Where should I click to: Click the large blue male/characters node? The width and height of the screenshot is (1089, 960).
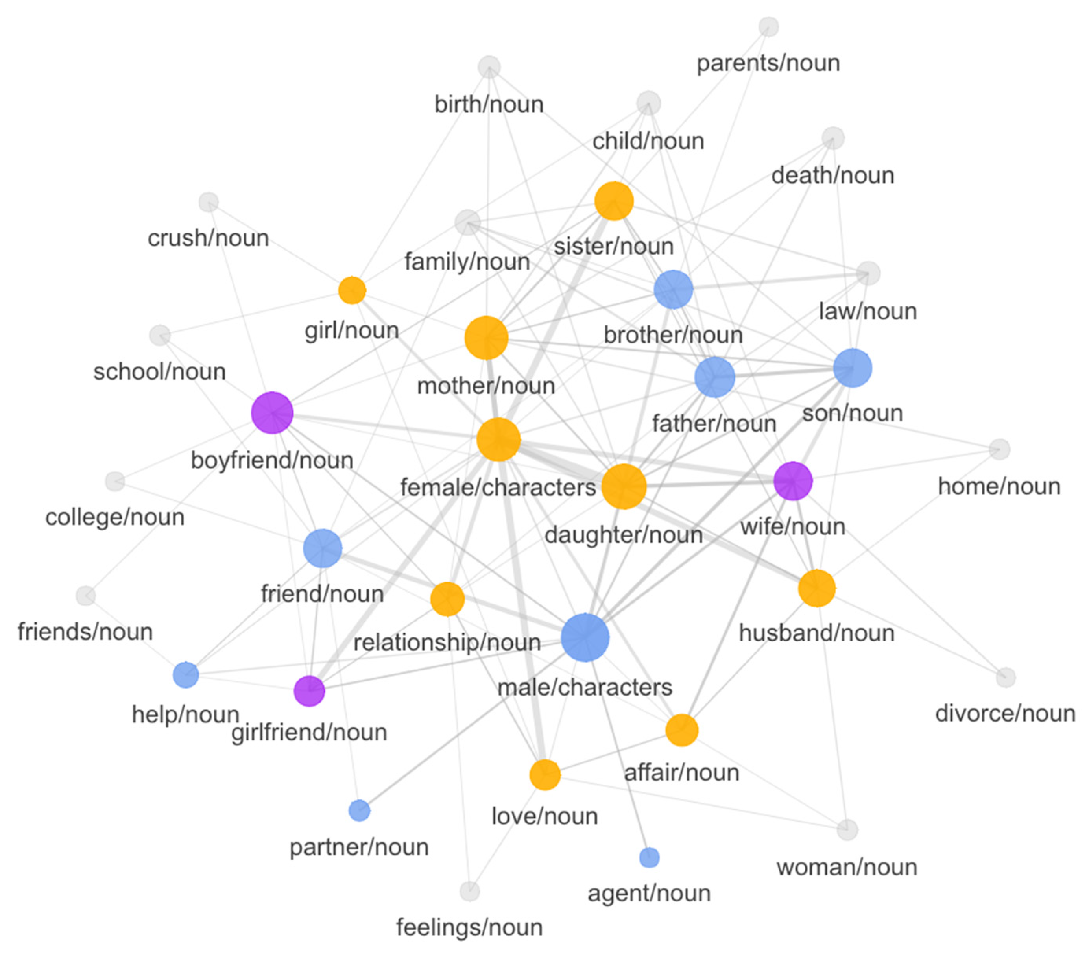coord(585,637)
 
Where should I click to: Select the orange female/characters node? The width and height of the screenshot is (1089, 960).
coord(498,439)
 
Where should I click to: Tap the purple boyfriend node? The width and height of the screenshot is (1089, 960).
coord(272,413)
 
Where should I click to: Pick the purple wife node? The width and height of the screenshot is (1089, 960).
coord(793,481)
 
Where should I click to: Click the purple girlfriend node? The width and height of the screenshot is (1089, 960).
coord(309,691)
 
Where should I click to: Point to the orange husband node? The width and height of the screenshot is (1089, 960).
coord(817,588)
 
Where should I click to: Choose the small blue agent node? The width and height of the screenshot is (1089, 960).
coord(649,857)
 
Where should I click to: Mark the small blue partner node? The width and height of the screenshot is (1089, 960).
coord(359,810)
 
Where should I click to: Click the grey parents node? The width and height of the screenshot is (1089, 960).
coord(768,27)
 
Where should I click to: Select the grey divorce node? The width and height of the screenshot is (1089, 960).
coord(1005,678)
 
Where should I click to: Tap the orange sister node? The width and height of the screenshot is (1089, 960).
coord(614,201)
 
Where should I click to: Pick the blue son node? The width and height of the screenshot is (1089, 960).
coord(853,367)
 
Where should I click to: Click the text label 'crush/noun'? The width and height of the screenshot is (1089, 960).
coord(208,238)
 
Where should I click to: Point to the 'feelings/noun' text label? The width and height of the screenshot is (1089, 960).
coord(469,927)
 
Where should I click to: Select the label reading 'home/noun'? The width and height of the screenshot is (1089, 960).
coord(999,486)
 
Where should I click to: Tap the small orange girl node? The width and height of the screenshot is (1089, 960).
coord(352,290)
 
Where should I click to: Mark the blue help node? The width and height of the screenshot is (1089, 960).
coord(185,675)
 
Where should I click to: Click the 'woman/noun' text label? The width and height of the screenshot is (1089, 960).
coord(847,867)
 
